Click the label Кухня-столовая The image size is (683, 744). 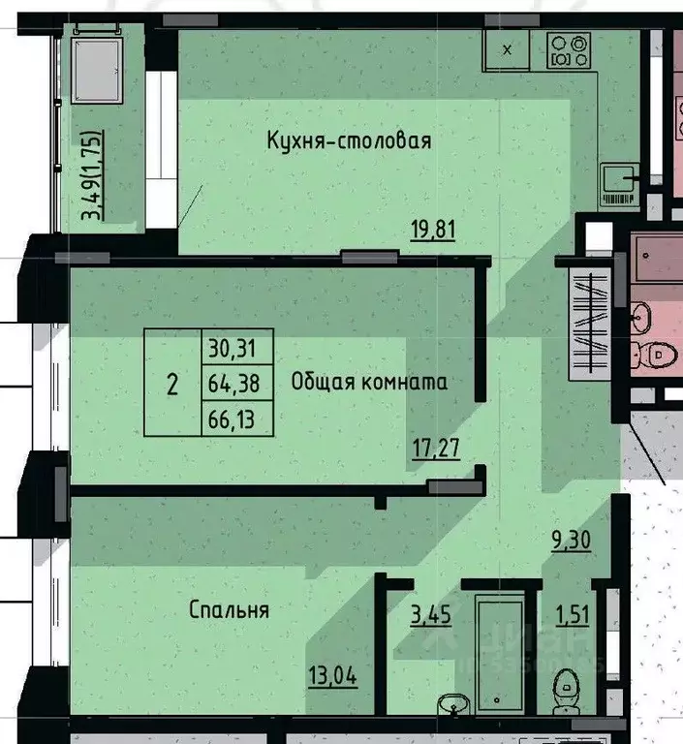(349, 141)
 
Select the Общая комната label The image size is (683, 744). (369, 382)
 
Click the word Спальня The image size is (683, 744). (229, 610)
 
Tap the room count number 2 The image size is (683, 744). (172, 384)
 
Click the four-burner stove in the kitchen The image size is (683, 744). (569, 48)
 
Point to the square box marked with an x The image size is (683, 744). (511, 48)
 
